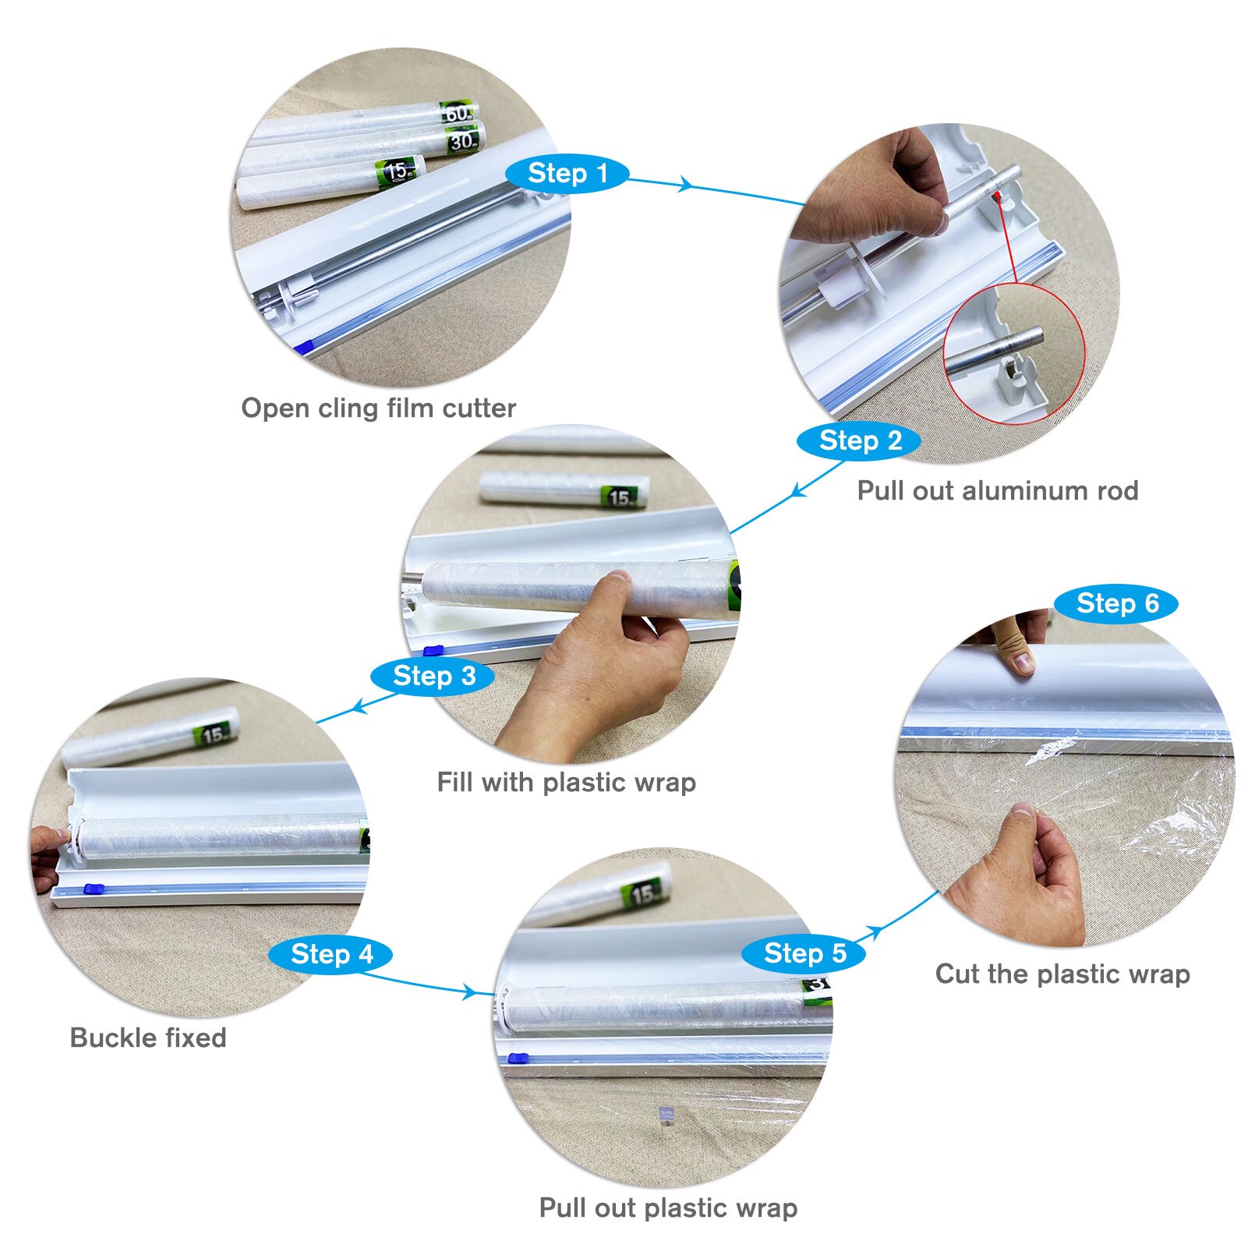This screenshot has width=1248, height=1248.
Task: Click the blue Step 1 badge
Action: (567, 173)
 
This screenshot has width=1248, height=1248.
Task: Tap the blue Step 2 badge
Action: (859, 441)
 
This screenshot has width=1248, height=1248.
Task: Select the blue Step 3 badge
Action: (433, 676)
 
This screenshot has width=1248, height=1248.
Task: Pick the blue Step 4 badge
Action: (331, 954)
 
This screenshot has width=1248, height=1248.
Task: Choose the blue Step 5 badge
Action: (804, 953)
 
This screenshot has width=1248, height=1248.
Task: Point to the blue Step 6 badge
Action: (1116, 603)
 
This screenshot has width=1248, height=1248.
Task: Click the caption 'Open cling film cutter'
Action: (378, 408)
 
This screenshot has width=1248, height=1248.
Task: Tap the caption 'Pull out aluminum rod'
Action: (997, 490)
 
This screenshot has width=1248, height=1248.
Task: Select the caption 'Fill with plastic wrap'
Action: (566, 782)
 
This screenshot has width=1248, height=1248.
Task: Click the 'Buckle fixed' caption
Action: (148, 1038)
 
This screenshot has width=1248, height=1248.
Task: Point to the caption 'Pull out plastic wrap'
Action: (668, 1207)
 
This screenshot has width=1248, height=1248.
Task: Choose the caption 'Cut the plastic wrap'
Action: (1062, 974)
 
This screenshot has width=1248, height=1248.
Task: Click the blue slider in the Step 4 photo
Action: (93, 889)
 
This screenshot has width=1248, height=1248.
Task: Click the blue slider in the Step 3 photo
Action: (433, 650)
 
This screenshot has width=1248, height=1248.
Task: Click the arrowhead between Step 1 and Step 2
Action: (684, 185)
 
